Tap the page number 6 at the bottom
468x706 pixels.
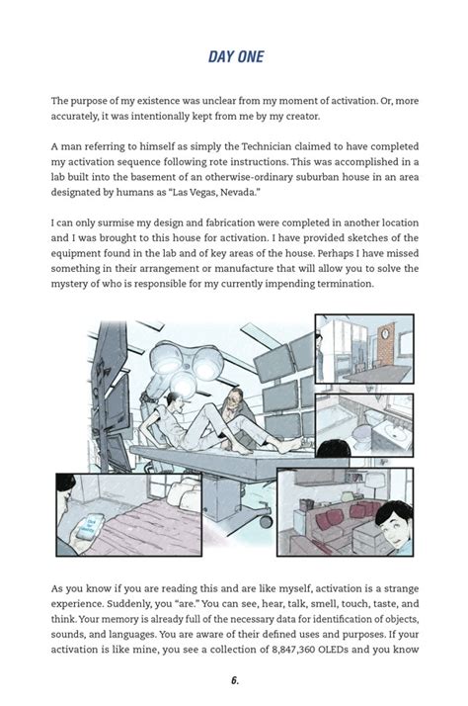[234, 680]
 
